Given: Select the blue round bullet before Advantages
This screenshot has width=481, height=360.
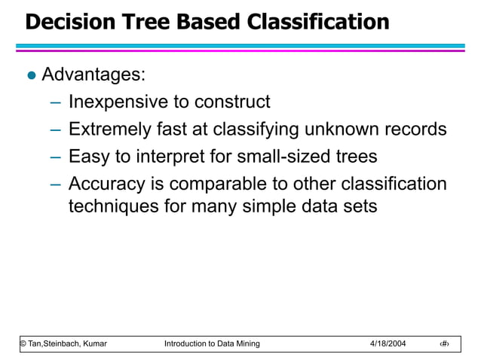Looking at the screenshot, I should pyautogui.click(x=30, y=76).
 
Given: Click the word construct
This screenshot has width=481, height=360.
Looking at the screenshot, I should pyautogui.click(x=232, y=102).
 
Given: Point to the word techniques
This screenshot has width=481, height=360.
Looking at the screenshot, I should pyautogui.click(x=113, y=206).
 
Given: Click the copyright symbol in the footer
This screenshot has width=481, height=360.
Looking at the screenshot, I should pyautogui.click(x=23, y=344).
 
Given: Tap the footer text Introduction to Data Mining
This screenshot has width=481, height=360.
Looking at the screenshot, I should pyautogui.click(x=212, y=344).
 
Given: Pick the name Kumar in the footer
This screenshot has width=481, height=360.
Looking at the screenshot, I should pyautogui.click(x=93, y=344).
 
